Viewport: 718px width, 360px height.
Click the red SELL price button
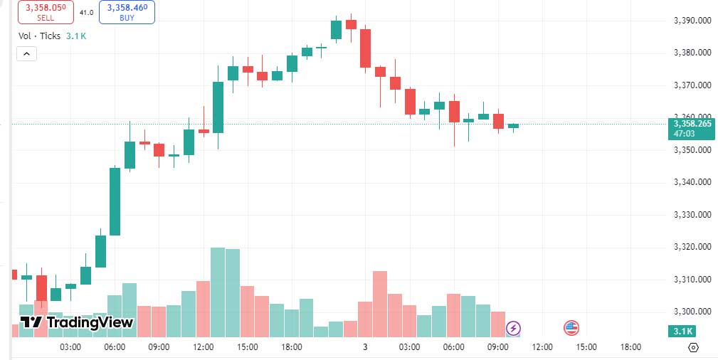click(46, 12)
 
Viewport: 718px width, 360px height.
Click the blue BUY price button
click(127, 12)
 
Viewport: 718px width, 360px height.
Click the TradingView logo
click(76, 322)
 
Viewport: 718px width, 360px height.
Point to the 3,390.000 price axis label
click(692, 21)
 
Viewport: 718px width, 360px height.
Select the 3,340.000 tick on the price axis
click(692, 182)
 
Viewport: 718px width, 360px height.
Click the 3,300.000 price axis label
click(692, 312)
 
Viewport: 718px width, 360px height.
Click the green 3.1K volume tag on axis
click(681, 332)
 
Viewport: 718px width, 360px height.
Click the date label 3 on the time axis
click(365, 347)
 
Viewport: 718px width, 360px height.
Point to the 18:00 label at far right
click(630, 347)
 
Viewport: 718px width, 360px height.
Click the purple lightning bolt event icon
click(513, 328)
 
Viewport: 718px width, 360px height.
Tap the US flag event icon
click(571, 328)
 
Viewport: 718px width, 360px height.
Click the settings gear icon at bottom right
click(694, 347)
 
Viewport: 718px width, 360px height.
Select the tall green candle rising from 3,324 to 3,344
click(115, 201)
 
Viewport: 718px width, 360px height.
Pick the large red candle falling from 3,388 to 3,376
click(365, 48)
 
